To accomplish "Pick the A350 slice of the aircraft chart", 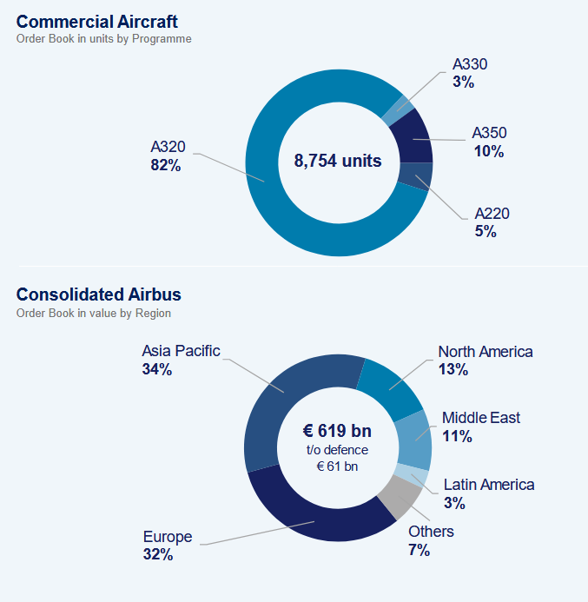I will tap(413, 137).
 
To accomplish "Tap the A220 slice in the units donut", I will tap(415, 176).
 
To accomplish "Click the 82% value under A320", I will tap(165, 165).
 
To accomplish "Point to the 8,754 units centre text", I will tap(338, 161).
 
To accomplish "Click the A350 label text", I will tap(489, 133).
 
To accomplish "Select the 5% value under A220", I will tap(485, 232).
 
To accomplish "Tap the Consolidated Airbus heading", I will tap(99, 294).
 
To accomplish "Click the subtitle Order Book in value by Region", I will tap(94, 314).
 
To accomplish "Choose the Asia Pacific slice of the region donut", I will tap(288, 400).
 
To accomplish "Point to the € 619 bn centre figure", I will tap(337, 431).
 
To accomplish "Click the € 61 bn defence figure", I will tap(337, 466).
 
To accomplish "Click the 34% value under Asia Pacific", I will tap(157, 369).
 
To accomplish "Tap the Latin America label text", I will tap(489, 485).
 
